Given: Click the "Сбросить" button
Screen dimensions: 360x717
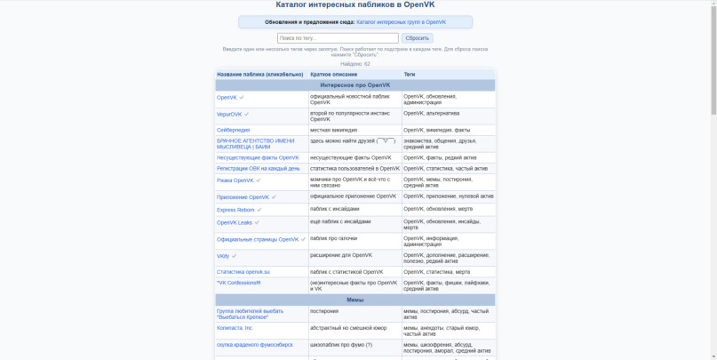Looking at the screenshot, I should click(x=417, y=38).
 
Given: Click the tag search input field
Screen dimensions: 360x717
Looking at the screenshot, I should click(x=338, y=38).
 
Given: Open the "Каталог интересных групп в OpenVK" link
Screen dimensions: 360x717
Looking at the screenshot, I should click(x=401, y=22).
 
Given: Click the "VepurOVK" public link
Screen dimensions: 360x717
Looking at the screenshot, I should click(x=229, y=114).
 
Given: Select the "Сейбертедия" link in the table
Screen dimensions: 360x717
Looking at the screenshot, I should click(x=233, y=130).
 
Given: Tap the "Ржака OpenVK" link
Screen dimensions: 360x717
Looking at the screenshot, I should click(x=235, y=180).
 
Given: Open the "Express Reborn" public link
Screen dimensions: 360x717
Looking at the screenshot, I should click(x=235, y=210).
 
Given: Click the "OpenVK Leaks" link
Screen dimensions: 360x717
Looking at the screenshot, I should click(x=234, y=222).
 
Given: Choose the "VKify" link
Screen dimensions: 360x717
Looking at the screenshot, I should click(x=223, y=256).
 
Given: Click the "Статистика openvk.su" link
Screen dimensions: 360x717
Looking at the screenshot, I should click(x=243, y=272).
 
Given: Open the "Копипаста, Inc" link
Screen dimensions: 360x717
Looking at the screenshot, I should click(x=235, y=328).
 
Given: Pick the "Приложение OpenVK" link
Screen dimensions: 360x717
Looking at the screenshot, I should click(x=243, y=197).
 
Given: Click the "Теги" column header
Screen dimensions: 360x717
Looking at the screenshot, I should click(x=410, y=75).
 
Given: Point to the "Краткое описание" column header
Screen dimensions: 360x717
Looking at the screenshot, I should click(x=333, y=75).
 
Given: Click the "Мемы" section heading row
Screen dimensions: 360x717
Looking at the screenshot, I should click(x=355, y=300).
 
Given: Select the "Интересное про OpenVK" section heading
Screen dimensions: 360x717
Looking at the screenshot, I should click(x=355, y=85).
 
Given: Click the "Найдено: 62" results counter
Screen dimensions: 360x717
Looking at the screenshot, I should click(x=355, y=64).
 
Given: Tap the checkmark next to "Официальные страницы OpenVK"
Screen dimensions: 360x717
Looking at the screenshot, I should click(x=303, y=239).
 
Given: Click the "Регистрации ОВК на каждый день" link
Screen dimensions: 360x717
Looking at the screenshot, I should click(x=258, y=168).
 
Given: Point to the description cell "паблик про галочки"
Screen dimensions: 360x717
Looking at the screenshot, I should click(x=333, y=238).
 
